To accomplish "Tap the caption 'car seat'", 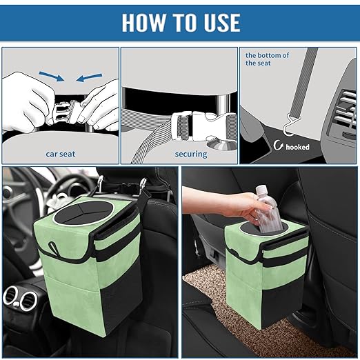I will tap(61, 154).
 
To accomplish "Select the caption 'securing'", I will tap(190, 154).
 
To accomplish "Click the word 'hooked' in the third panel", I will tap(297, 146).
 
